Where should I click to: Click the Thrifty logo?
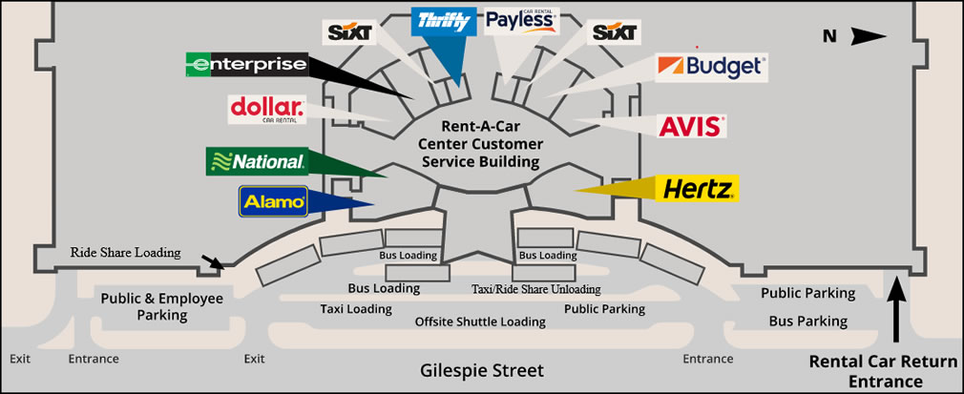pos(443,22)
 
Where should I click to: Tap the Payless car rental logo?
pos(522,21)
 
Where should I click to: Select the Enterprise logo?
pos(246,64)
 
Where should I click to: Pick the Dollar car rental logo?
pos(267,110)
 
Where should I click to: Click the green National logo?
pos(257,161)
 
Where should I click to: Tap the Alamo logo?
pos(273,201)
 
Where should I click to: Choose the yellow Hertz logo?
pos(697,189)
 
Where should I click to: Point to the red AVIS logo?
pos(689,126)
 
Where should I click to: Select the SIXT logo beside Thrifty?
pos(349,32)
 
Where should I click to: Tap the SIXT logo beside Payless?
pos(616,32)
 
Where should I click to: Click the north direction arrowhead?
pos(869,37)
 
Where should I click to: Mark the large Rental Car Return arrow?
pos(897,309)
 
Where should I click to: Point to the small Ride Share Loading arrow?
pos(213,261)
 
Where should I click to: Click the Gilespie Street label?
pos(482,371)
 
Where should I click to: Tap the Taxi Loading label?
pos(356,308)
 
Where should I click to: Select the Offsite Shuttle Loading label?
pos(480,321)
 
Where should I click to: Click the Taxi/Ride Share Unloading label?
pos(536,288)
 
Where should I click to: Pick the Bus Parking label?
pos(807,321)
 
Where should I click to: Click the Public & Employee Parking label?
pos(161,307)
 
